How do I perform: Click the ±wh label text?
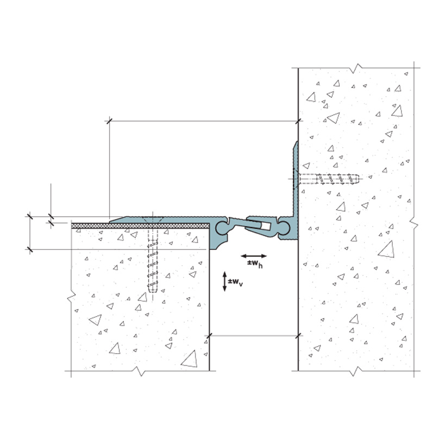255,264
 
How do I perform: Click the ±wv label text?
235,282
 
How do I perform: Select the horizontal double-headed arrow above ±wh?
254,256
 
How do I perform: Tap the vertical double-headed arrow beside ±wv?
224,281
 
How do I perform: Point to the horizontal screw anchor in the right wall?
329,179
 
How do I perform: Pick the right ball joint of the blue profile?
283,228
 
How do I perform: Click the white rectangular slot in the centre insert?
266,226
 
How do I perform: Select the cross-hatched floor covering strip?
140,225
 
